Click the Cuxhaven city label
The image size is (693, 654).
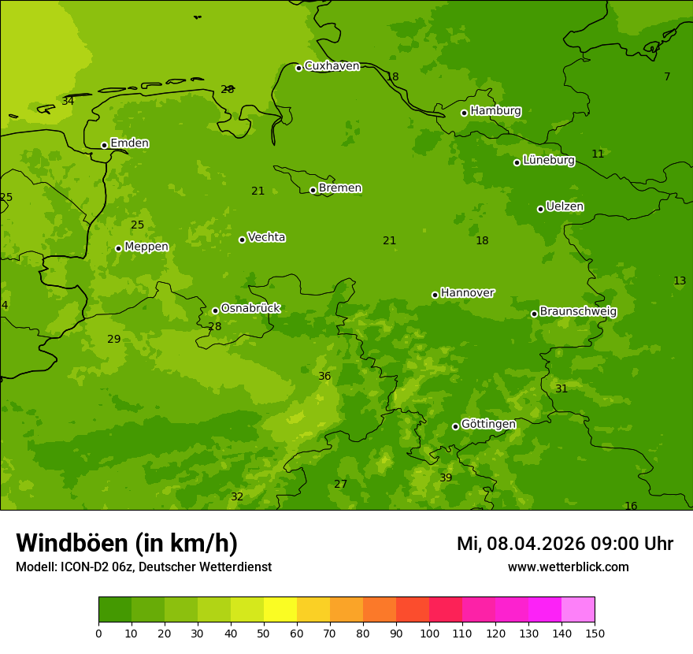point(332,66)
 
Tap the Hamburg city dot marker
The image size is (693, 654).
point(464,113)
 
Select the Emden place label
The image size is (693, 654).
point(129,143)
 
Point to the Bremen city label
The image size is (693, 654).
point(340,188)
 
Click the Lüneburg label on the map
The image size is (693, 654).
point(549,161)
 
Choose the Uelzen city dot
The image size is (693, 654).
point(540,209)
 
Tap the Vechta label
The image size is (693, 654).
point(266,238)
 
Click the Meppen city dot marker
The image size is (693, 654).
point(118,248)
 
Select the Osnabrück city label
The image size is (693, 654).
point(250,309)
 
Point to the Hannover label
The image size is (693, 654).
point(468,293)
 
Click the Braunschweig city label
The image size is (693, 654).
point(578,312)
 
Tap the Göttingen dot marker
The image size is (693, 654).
point(455,426)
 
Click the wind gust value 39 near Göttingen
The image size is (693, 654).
point(446,478)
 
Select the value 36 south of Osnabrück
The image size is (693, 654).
point(324,377)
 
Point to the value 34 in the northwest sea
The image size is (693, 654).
point(68,102)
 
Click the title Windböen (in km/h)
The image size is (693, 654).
point(127,543)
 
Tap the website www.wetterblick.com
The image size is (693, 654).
point(568,567)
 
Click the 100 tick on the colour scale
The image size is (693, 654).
point(429,633)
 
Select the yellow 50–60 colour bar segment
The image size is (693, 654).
point(280,610)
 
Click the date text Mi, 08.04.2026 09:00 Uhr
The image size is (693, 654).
point(565,544)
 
